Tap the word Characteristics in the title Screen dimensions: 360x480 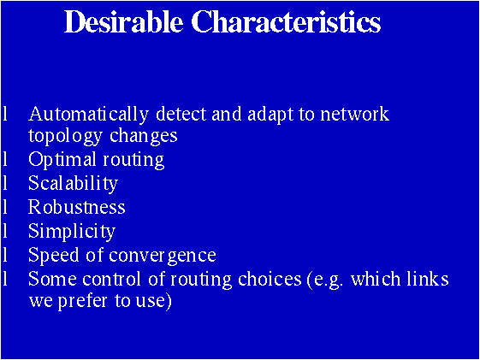(x=287, y=22)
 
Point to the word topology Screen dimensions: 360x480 (x=59, y=136)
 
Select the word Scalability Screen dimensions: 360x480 (x=73, y=184)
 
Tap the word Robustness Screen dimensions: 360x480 (x=77, y=207)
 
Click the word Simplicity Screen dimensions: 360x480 (x=72, y=231)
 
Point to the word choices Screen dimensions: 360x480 (x=270, y=279)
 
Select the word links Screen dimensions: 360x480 (x=430, y=279)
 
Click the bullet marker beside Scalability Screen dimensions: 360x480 (x=6, y=183)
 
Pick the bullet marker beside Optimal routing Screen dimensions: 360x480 (x=6, y=159)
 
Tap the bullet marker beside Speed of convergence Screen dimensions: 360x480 (x=6, y=254)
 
